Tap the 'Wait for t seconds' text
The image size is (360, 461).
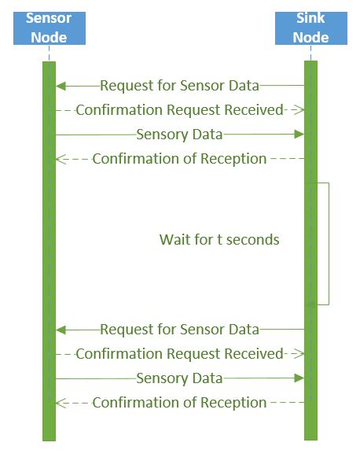(219, 239)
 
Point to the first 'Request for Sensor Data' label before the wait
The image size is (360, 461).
(179, 85)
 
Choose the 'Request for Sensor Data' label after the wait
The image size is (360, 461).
(179, 329)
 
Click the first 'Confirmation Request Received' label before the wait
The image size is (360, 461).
(179, 110)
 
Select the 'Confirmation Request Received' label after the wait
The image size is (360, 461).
(179, 354)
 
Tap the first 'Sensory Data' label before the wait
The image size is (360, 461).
(179, 135)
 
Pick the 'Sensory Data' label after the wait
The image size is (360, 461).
(179, 378)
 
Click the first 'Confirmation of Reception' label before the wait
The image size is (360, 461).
(179, 159)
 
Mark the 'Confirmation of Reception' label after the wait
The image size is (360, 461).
(179, 403)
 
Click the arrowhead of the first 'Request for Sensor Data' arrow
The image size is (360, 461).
(60, 85)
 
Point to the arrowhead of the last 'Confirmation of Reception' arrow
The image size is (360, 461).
(59, 403)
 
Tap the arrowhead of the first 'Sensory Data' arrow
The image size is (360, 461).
(299, 135)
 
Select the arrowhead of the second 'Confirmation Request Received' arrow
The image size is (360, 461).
(299, 354)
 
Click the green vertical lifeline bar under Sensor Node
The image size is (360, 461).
(48, 260)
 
